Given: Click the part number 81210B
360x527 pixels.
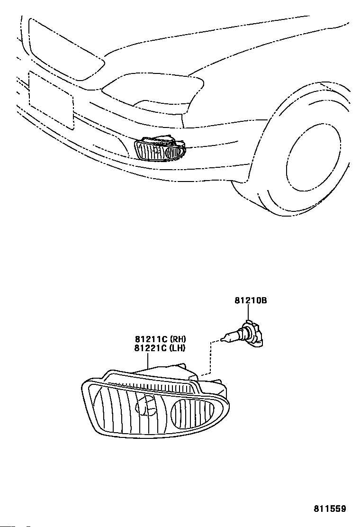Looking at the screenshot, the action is (251, 300).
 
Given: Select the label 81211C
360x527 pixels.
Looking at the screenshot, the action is (151, 339).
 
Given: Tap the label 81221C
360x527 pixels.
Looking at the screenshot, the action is (151, 348).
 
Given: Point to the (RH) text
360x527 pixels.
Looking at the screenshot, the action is (178, 339).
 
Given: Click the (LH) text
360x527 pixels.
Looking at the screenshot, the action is (177, 348).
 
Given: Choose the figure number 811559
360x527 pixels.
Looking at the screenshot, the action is (330, 509).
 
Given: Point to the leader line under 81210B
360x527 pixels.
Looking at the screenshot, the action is (247, 313).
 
